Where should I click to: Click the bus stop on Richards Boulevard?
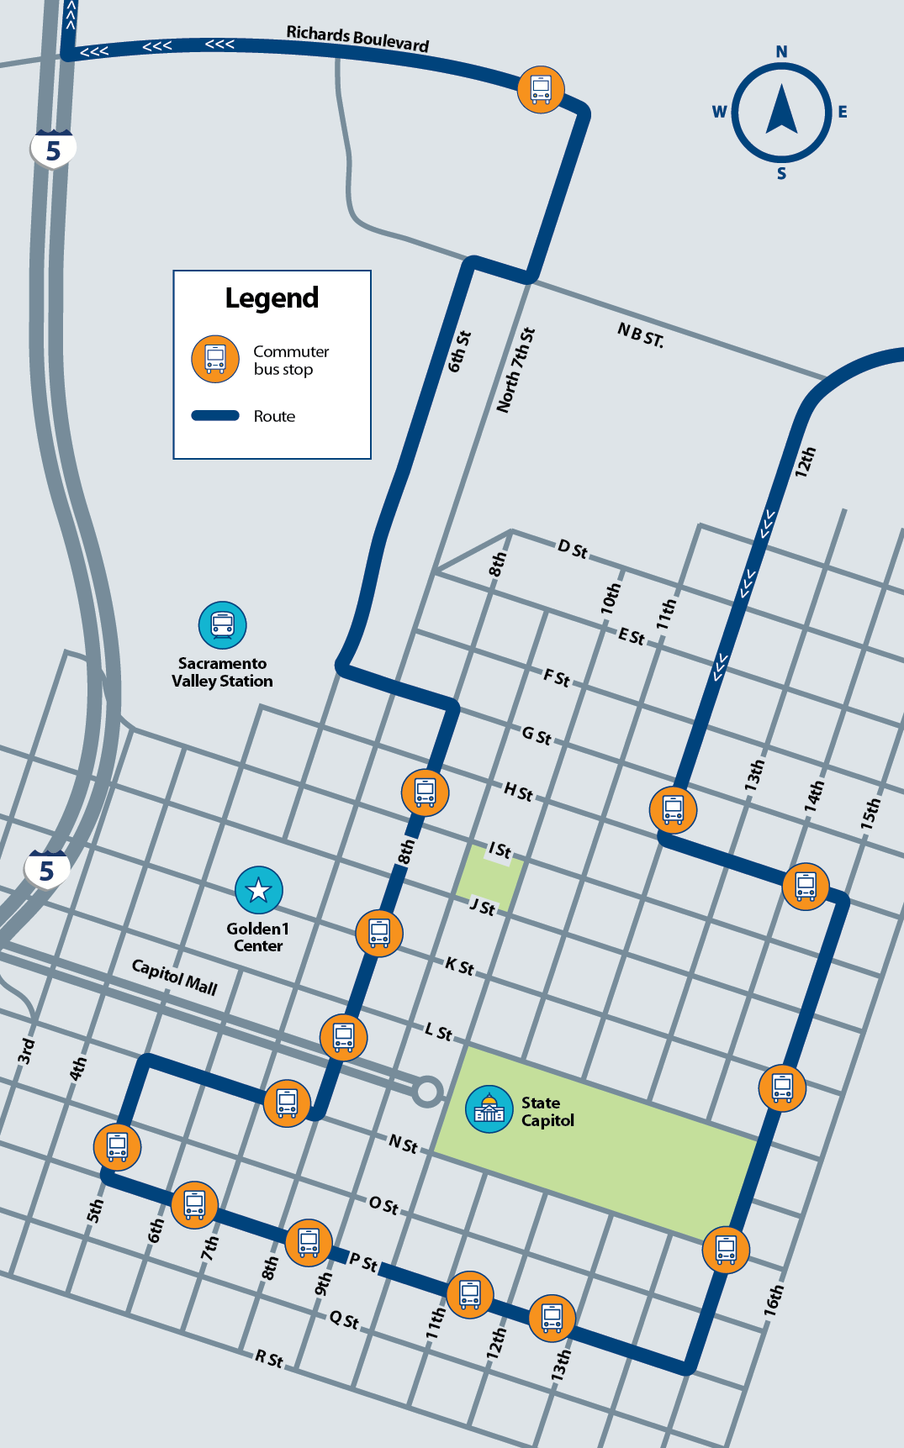[x=541, y=89]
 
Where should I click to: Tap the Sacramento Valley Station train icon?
[x=223, y=625]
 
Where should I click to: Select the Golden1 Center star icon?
[x=258, y=890]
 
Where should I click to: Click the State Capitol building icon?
[x=489, y=1110]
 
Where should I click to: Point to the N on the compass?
[x=781, y=52]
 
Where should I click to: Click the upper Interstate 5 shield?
[x=53, y=150]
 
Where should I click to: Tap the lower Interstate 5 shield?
[x=47, y=870]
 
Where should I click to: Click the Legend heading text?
[x=272, y=298]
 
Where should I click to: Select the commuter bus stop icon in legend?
[x=215, y=360]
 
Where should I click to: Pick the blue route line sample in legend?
[x=215, y=415]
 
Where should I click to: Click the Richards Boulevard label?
[x=357, y=38]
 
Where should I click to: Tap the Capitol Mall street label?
[x=175, y=977]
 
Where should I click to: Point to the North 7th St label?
[x=515, y=370]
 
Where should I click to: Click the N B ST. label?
[x=641, y=335]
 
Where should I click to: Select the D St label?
[x=573, y=550]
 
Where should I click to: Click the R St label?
[x=269, y=1359]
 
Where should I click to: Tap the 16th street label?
[x=774, y=1300]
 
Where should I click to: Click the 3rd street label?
[x=26, y=1050]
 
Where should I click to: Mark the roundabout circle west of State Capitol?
[x=427, y=1092]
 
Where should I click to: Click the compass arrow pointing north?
[x=781, y=109]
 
